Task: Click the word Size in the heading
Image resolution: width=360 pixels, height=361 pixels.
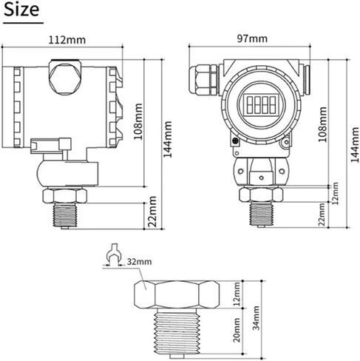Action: pyautogui.click(x=21, y=10)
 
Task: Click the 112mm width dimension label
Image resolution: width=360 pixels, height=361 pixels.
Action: pyautogui.click(x=67, y=40)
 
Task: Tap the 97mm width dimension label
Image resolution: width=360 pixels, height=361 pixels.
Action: pyautogui.click(x=252, y=38)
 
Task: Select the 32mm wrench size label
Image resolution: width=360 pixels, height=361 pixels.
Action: pyautogui.click(x=139, y=261)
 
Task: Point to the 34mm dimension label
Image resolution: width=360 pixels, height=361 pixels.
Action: pyautogui.click(x=257, y=318)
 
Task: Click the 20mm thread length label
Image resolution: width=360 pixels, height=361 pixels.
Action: pyautogui.click(x=237, y=330)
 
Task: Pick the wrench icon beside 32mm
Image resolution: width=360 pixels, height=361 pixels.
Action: pyautogui.click(x=113, y=254)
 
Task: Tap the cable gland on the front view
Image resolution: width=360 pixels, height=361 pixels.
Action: pyautogui.click(x=203, y=79)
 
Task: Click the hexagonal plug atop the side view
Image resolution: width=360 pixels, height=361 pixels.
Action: pyautogui.click(x=64, y=78)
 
